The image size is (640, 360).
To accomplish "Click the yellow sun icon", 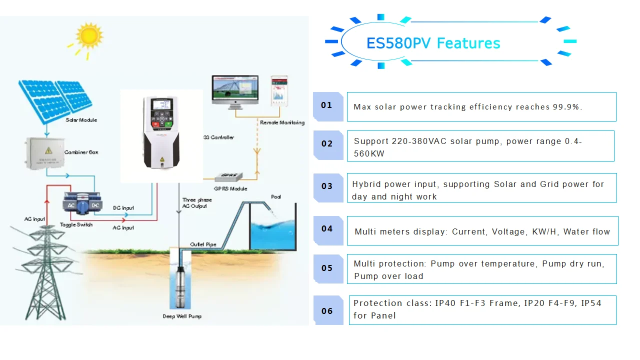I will pyautogui.click(x=89, y=35).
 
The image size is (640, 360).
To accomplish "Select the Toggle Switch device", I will pyautogui.click(x=80, y=206).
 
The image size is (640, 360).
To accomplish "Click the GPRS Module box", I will pyautogui.click(x=228, y=176).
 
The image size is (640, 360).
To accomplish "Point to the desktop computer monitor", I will pyautogui.click(x=234, y=90).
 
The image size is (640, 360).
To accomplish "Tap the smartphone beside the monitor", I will pyautogui.click(x=279, y=91).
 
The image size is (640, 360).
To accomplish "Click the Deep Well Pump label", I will pyautogui.click(x=182, y=316).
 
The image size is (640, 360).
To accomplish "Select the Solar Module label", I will pyautogui.click(x=81, y=120).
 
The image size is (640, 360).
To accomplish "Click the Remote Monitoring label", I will pyautogui.click(x=282, y=122).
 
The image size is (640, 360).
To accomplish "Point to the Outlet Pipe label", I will pyautogui.click(x=203, y=244).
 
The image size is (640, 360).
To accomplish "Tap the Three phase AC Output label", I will pyautogui.click(x=197, y=202).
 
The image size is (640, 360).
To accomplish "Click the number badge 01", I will pyautogui.click(x=326, y=105).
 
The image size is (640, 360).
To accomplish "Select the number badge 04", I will pyautogui.click(x=327, y=229).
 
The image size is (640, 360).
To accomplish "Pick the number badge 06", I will pyautogui.click(x=327, y=311).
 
